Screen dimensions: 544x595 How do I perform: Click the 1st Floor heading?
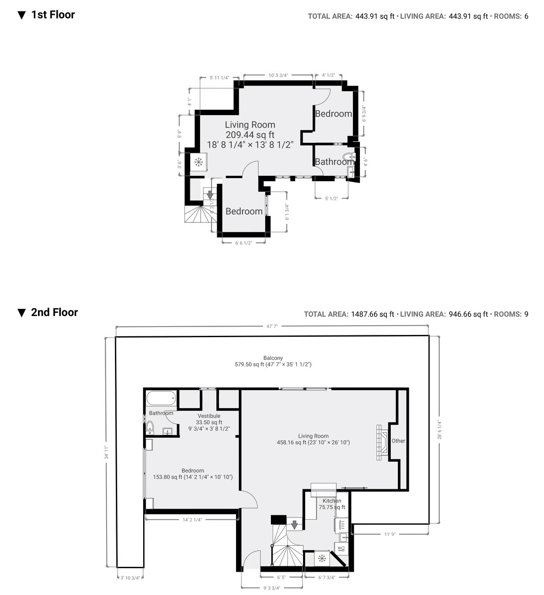click(x=53, y=15)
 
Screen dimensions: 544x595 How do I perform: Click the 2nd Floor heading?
click(x=54, y=312)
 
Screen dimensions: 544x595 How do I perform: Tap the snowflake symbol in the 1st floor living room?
click(x=198, y=162)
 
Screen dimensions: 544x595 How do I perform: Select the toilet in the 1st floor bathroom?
click(x=349, y=156)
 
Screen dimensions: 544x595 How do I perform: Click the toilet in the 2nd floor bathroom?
click(x=150, y=427)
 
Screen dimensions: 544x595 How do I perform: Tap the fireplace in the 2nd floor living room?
click(x=382, y=443)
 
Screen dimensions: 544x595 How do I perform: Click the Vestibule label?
click(x=209, y=416)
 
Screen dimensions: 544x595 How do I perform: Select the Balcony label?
click(x=273, y=358)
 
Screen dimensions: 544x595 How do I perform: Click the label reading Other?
click(x=398, y=441)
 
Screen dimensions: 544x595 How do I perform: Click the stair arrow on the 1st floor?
click(x=210, y=194)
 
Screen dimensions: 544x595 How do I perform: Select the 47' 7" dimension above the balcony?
click(x=272, y=326)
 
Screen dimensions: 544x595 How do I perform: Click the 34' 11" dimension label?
click(x=106, y=452)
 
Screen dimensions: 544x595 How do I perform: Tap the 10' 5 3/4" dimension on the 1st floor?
click(x=278, y=75)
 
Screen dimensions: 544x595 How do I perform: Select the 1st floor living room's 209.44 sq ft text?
click(x=250, y=135)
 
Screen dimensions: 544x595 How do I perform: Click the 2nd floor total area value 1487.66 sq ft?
click(x=373, y=314)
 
